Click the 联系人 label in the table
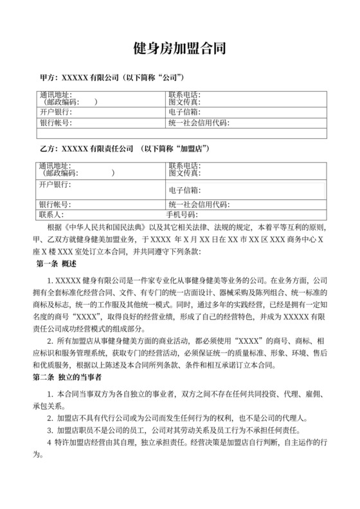point(51,215)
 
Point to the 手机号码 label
point(181,215)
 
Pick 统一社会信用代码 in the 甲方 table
point(199,123)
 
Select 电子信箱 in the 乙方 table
point(184,191)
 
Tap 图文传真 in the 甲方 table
point(184,102)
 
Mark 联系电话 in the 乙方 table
point(184,165)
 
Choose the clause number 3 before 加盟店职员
point(50,429)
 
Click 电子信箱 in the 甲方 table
point(184,112)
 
